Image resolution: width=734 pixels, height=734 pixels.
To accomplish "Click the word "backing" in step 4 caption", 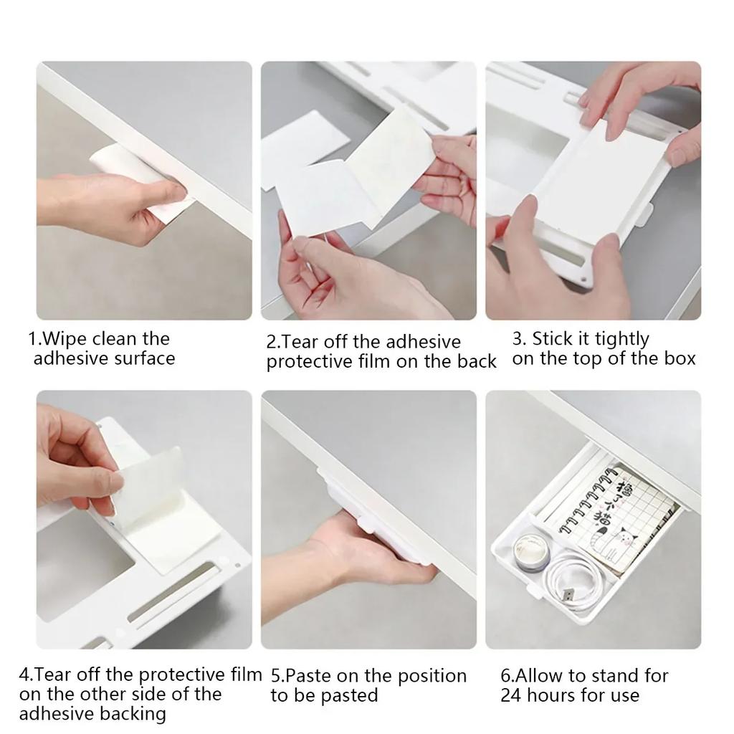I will [133, 714].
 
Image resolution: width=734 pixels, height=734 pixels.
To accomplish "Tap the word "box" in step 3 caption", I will [680, 358].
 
